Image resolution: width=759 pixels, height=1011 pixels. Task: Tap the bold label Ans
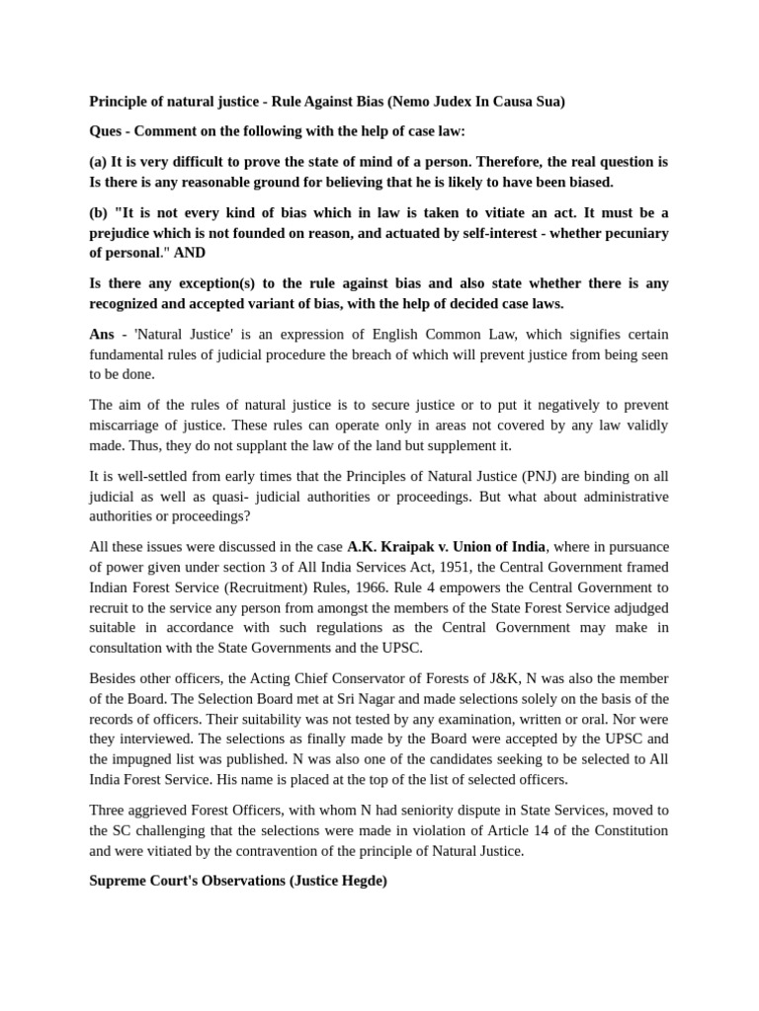tap(103, 335)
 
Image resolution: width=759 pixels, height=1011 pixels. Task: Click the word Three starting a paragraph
tap(110, 810)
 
